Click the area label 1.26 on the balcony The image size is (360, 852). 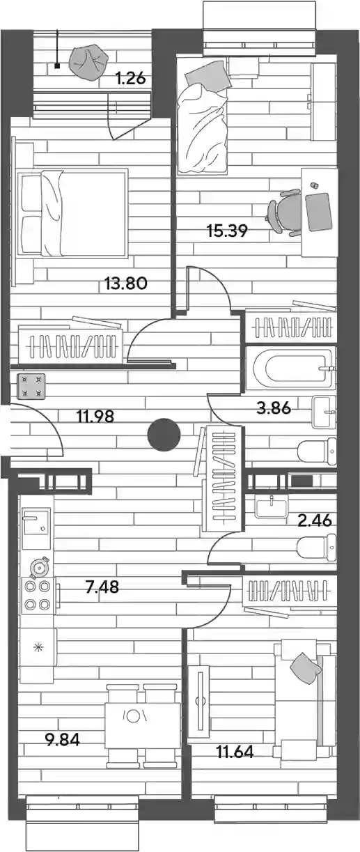[x=130, y=79]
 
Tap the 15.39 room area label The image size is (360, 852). [x=227, y=231]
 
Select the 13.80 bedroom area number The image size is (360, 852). [x=126, y=284]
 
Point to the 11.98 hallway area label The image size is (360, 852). [x=95, y=416]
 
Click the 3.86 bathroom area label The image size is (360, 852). [x=274, y=408]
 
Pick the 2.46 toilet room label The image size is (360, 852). [x=315, y=520]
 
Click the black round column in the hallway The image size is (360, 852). [x=164, y=435]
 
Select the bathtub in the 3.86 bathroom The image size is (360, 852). [x=291, y=369]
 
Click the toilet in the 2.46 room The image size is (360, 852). [x=317, y=547]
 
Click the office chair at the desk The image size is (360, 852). [x=284, y=212]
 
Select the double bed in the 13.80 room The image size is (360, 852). [x=71, y=214]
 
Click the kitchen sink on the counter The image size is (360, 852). [x=36, y=528]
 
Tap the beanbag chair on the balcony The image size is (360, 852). [x=88, y=63]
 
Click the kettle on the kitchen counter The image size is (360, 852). [x=40, y=568]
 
